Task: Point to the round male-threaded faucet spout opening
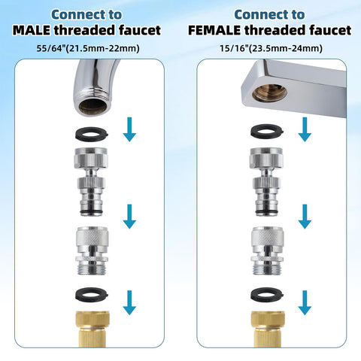coord(93,105)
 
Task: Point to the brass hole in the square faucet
coord(269,93)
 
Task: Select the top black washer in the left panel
coord(92,133)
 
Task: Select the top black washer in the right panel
coord(267,131)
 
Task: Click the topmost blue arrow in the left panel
coord(129,129)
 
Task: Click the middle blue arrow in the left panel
coord(129,217)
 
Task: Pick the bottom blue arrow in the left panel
coord(129,302)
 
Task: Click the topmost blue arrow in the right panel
coord(305,129)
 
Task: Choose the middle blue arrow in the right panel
coord(305,217)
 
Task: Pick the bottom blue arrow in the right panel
coord(305,302)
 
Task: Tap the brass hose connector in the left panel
coord(93,329)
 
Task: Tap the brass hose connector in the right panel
coord(268,329)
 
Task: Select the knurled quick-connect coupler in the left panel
coord(92,250)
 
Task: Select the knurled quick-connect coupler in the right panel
coord(268,250)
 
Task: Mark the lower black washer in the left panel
coord(92,294)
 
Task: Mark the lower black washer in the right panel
coord(267,294)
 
